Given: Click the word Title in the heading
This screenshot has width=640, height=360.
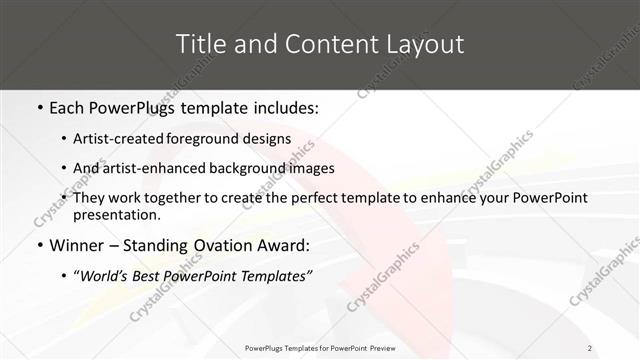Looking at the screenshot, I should click(200, 44).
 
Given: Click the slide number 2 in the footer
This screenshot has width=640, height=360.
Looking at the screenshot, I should click(590, 347).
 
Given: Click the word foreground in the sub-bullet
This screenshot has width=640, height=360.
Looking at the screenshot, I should click(213, 138).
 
